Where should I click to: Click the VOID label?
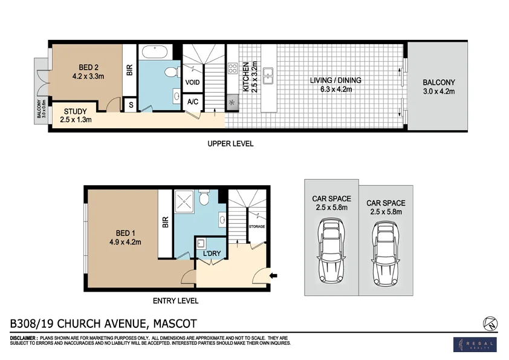pyautogui.click(x=193, y=82)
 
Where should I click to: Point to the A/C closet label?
pyautogui.click(x=193, y=102)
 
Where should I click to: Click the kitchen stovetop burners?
pyautogui.click(x=232, y=68)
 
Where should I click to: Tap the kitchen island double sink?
pyautogui.click(x=271, y=76)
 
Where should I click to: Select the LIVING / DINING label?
pyautogui.click(x=331, y=80)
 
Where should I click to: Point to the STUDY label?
pyautogui.click(x=76, y=111)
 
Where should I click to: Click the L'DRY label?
pyautogui.click(x=211, y=252)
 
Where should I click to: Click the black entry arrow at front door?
pyautogui.click(x=273, y=276)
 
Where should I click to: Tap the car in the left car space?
pyautogui.click(x=331, y=248)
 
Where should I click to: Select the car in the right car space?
pyautogui.click(x=385, y=253)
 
